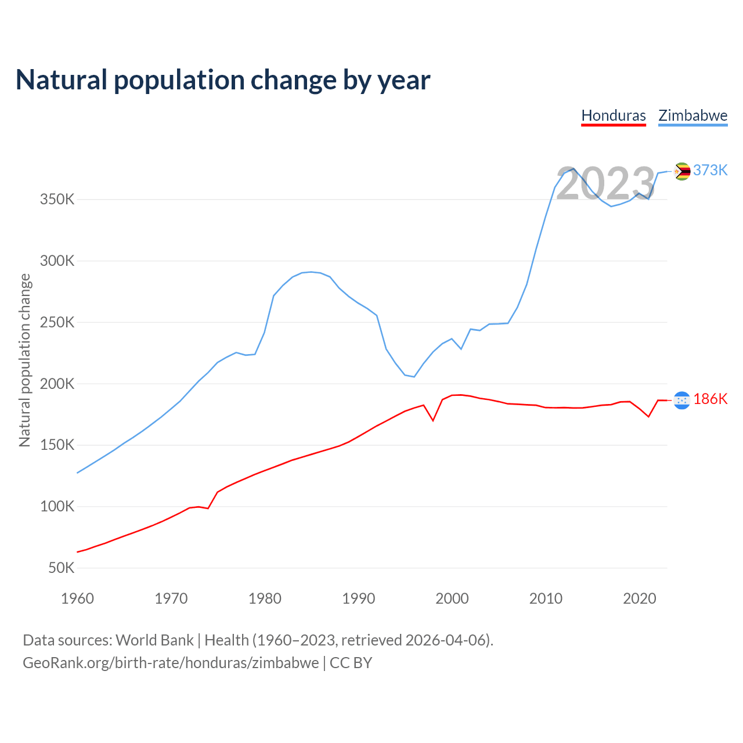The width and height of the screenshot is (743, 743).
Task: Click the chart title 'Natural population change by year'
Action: click(223, 80)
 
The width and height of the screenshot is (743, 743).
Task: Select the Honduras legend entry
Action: click(614, 116)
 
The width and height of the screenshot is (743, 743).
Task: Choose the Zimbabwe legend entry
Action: click(692, 116)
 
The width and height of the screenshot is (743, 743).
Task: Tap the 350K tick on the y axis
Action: click(57, 200)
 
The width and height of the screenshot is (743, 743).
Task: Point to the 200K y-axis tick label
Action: click(57, 384)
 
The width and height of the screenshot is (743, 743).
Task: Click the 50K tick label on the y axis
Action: click(62, 568)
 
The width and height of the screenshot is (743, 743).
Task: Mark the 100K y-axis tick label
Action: click(57, 506)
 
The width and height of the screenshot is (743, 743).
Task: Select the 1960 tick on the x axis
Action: click(77, 598)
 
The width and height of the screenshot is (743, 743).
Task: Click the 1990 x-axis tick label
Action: click(358, 598)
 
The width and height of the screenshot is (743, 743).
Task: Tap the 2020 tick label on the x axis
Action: click(639, 598)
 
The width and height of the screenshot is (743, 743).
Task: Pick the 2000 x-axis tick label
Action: click(452, 598)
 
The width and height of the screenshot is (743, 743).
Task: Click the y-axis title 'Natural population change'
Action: click(25, 360)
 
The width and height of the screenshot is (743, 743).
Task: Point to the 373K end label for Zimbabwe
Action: click(710, 170)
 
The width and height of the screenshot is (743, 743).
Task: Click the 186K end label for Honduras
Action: click(710, 399)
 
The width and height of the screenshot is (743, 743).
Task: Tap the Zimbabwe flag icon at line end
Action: click(682, 171)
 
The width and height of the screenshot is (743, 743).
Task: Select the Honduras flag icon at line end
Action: click(682, 400)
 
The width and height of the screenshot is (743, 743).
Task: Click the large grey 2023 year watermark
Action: click(605, 184)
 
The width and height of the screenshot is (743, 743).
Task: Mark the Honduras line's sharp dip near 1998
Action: click(433, 420)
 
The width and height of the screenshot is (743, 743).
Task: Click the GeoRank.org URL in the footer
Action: click(171, 663)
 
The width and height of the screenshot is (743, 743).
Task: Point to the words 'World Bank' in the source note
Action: click(154, 640)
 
